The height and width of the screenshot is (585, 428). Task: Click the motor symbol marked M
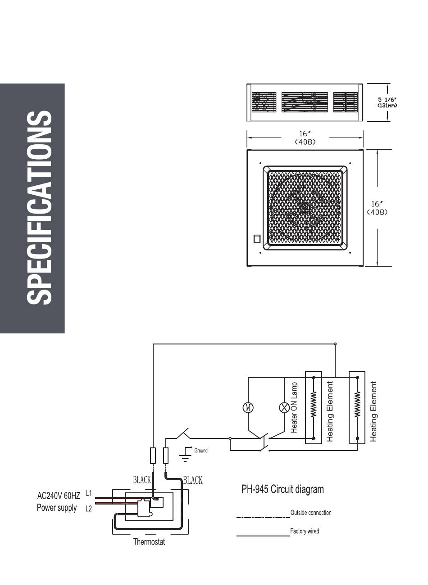pyautogui.click(x=248, y=408)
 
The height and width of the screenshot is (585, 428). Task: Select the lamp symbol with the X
pyautogui.click(x=284, y=408)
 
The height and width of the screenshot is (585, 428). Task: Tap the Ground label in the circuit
pyautogui.click(x=200, y=451)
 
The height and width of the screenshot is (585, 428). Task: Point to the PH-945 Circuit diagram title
pyautogui.click(x=282, y=489)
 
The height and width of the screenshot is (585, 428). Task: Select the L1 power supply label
pyautogui.click(x=89, y=493)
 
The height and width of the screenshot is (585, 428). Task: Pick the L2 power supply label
pyautogui.click(x=89, y=509)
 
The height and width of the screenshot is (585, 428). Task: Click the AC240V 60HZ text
pyautogui.click(x=59, y=496)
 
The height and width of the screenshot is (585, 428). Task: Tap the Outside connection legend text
pyautogui.click(x=311, y=513)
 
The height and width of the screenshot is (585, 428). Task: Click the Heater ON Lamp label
pyautogui.click(x=294, y=407)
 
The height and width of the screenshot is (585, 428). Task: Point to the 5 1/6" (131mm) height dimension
pyautogui.click(x=387, y=103)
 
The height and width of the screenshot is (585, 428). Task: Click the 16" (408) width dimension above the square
pyautogui.click(x=305, y=138)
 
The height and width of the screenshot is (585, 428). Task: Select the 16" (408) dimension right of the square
pyautogui.click(x=377, y=208)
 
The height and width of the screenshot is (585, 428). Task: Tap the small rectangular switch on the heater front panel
pyautogui.click(x=257, y=239)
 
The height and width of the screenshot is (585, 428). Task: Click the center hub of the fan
pyautogui.click(x=305, y=208)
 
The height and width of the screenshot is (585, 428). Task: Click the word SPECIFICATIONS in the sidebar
pyautogui.click(x=39, y=208)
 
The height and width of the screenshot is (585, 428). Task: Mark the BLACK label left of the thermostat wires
pyautogui.click(x=142, y=480)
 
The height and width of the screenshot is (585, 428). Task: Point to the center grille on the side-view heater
pyautogui.click(x=305, y=102)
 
